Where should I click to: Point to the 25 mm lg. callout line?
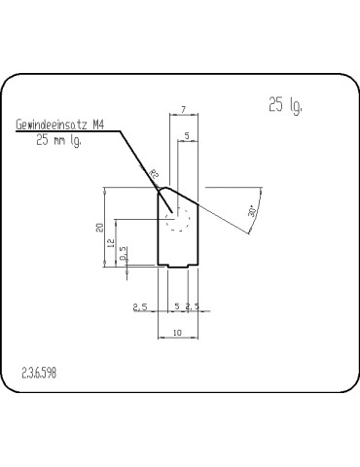[57, 141]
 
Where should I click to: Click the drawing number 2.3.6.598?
[39, 373]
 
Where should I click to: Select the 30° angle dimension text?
[253, 210]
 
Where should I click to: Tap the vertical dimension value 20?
[99, 227]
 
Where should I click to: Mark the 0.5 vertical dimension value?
[124, 256]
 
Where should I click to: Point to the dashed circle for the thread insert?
[177, 224]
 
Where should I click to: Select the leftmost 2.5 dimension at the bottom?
[140, 307]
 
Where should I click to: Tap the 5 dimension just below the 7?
[186, 136]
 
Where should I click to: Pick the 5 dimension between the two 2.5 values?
[176, 307]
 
